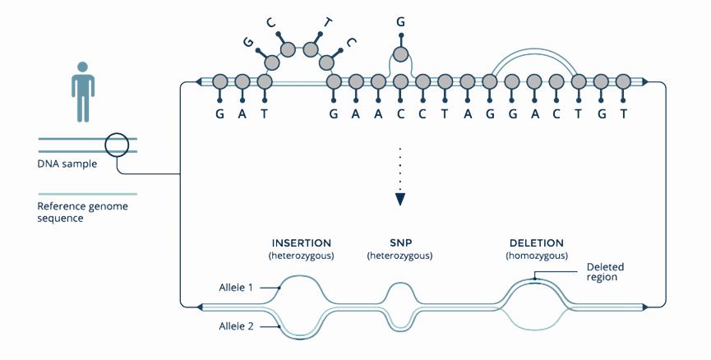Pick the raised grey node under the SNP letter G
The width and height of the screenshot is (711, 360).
[x=400, y=55]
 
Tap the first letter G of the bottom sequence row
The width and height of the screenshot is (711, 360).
[x=219, y=115]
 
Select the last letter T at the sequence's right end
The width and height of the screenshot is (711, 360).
[x=624, y=115]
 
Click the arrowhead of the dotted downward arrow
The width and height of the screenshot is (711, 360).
[x=399, y=198]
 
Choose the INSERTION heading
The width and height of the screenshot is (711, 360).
[x=301, y=244]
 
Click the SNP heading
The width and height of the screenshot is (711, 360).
[x=399, y=244]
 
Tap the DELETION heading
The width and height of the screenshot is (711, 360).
[x=536, y=244]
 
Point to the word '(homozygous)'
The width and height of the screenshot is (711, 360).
[x=536, y=256]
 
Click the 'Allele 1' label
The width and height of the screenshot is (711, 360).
[x=236, y=288]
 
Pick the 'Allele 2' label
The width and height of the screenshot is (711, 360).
[x=236, y=327]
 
